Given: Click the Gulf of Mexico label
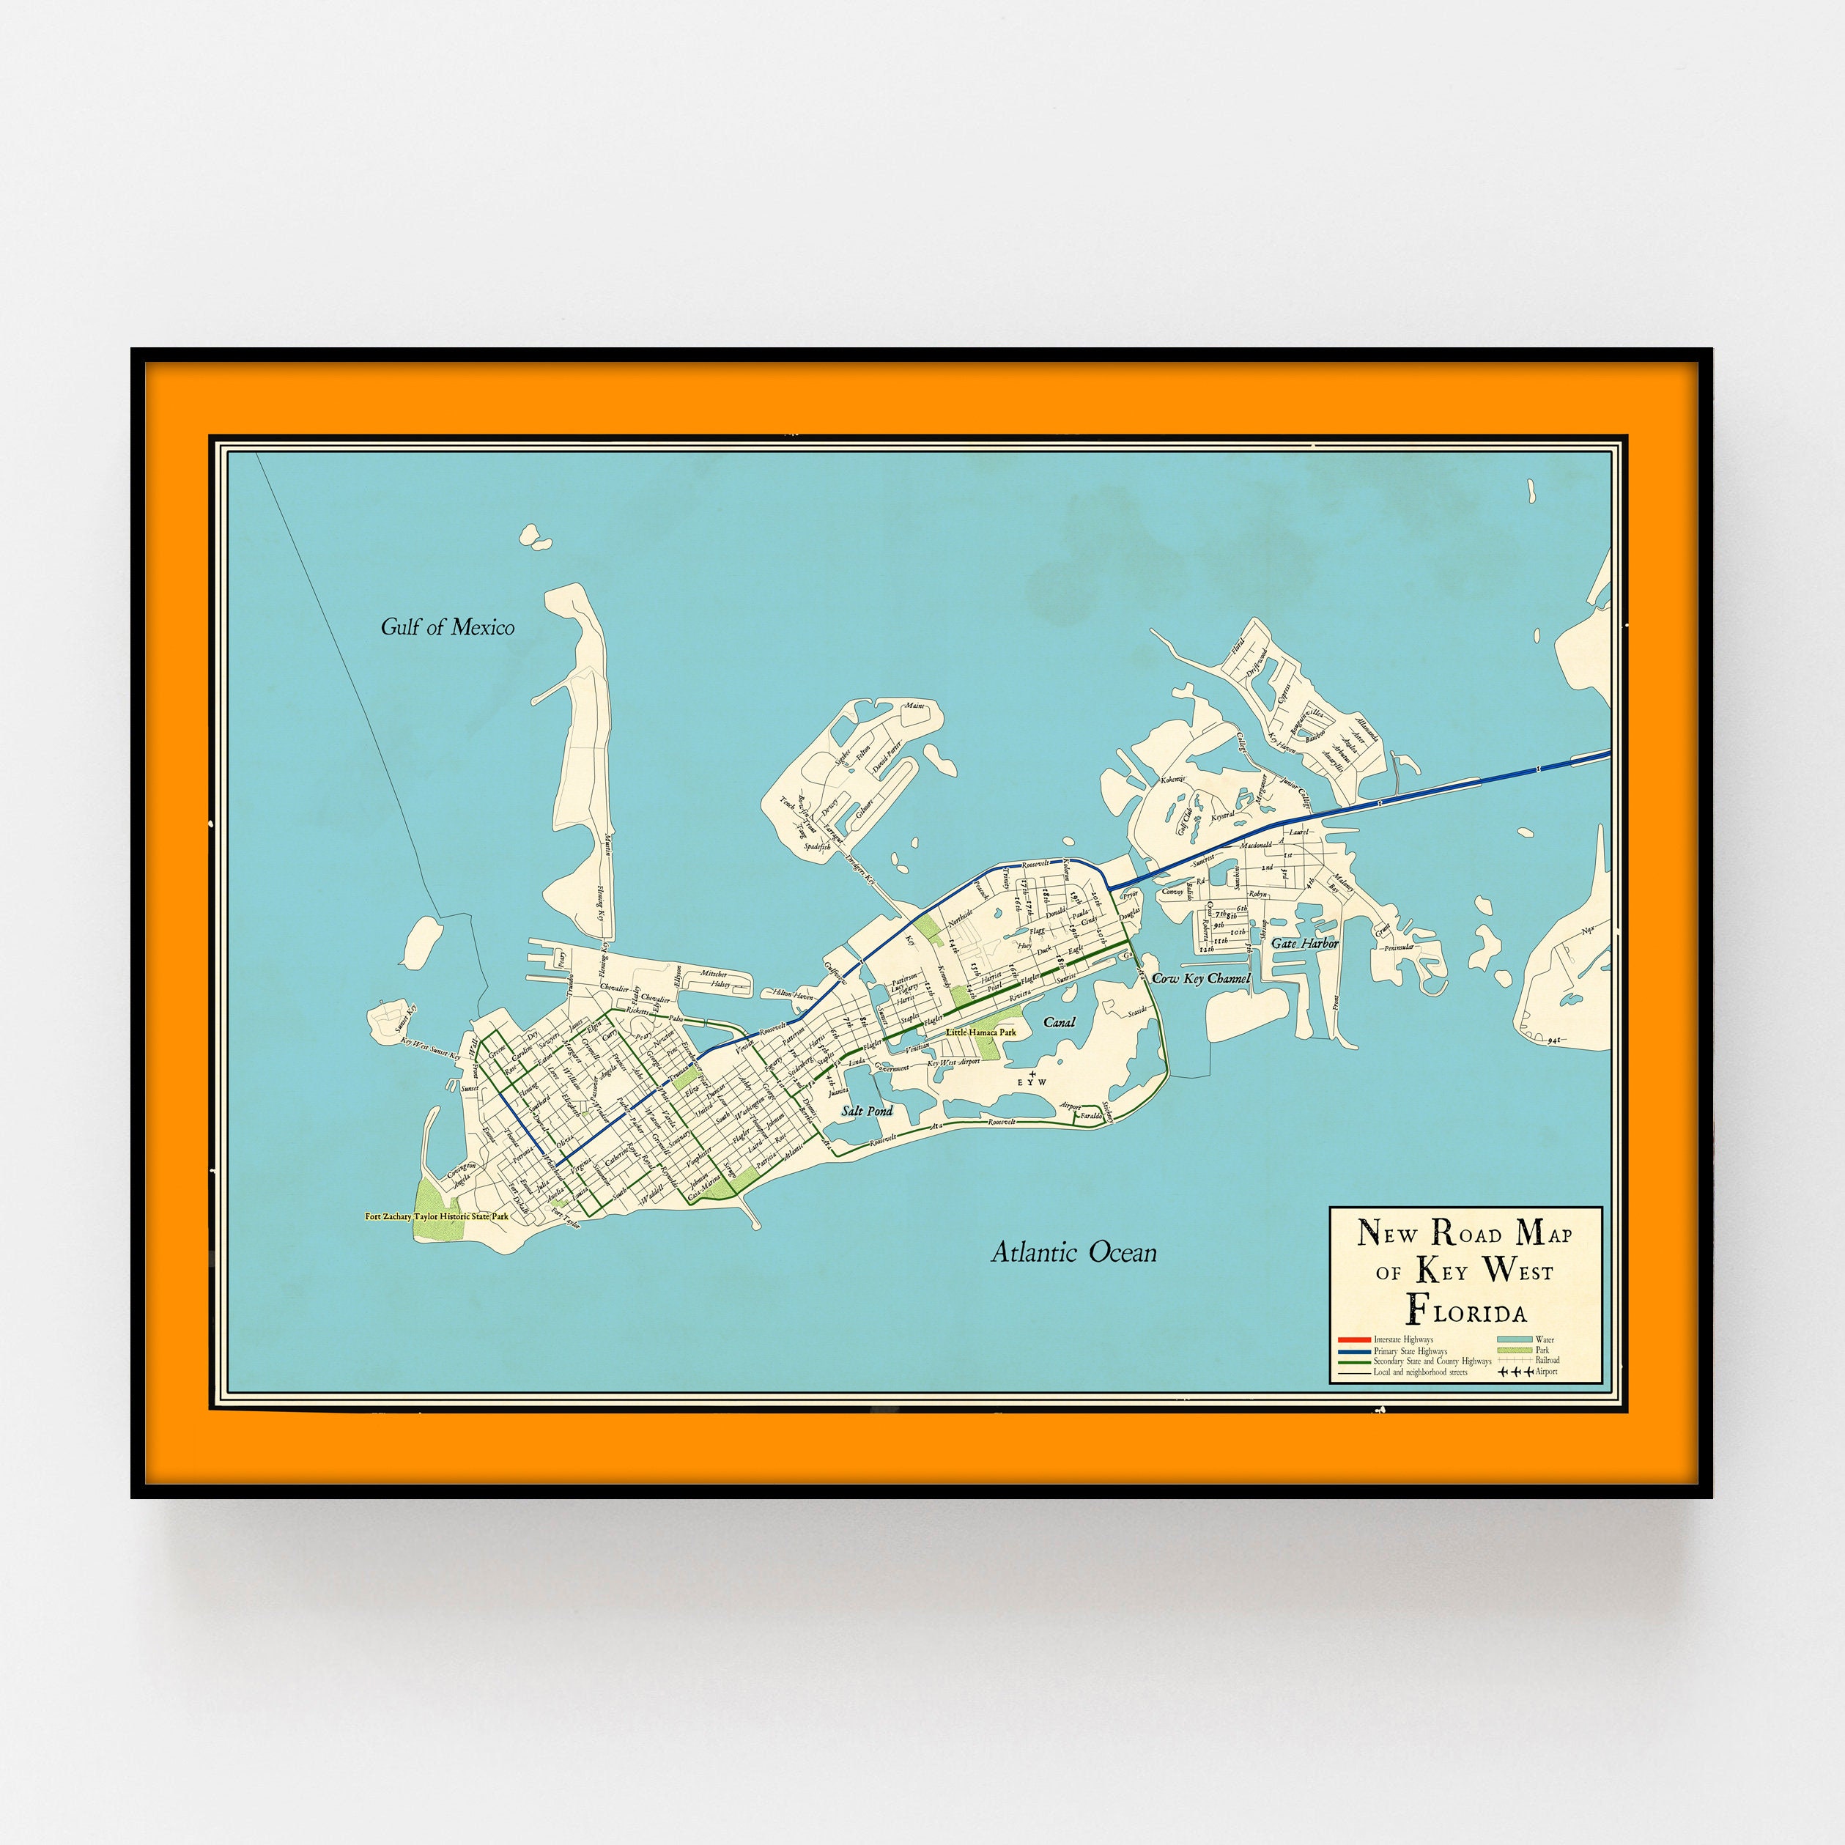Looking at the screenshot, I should tap(447, 627).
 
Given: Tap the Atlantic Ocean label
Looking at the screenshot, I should tap(1073, 1253).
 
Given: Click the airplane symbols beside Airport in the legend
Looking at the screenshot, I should tap(1515, 1372).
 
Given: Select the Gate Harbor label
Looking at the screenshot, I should tap(1304, 942).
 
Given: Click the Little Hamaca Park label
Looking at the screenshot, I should tap(981, 1032).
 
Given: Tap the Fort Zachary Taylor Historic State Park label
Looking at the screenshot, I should tap(437, 1216).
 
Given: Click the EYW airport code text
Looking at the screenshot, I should tap(1032, 1083).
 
